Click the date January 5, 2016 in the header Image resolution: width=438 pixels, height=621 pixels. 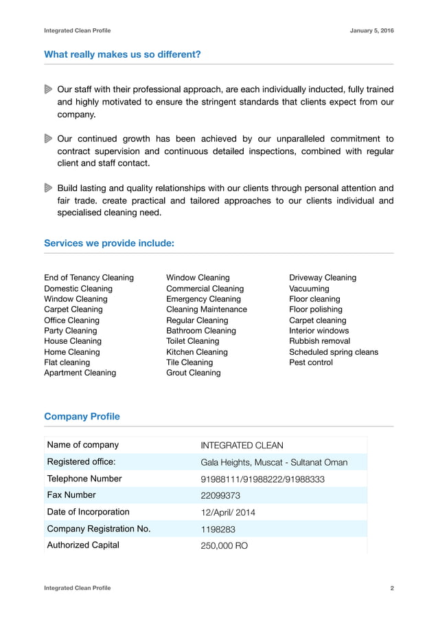click(371, 31)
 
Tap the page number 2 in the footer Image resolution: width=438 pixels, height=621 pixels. click(391, 588)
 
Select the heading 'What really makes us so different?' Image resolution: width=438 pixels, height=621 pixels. click(122, 54)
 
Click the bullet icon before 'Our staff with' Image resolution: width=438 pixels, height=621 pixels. click(48, 89)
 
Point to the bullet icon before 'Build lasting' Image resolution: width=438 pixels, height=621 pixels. click(48, 188)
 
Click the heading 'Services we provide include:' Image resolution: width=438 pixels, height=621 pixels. click(108, 243)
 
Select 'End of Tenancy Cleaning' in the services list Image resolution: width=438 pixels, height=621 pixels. click(89, 278)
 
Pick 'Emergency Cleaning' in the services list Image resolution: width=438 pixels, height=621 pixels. click(203, 299)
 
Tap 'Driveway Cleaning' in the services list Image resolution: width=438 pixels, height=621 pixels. click(323, 278)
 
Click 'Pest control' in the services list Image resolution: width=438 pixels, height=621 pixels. click(311, 362)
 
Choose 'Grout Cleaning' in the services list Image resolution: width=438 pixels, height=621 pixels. click(194, 373)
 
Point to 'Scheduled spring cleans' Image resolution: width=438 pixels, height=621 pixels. click(334, 352)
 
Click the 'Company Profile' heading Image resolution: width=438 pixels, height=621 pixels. click(82, 416)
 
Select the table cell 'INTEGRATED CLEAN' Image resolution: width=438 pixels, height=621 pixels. click(242, 446)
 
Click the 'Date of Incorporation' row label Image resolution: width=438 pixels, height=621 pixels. click(88, 512)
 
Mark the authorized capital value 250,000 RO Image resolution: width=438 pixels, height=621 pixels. click(224, 546)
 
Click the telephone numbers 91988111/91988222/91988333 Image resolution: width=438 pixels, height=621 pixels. click(262, 479)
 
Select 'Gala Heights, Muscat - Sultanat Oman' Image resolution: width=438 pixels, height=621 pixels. click(274, 462)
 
